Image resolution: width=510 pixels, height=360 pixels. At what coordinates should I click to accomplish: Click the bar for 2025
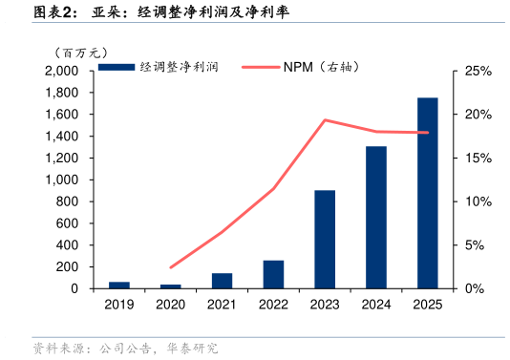pos(428,193)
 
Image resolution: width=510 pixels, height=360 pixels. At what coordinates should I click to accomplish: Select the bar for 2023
pos(325,239)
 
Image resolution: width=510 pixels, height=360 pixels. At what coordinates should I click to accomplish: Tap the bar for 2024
pos(376,217)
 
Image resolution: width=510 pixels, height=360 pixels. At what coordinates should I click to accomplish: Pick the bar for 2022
pos(273,274)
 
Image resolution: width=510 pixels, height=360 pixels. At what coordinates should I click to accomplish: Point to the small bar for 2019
pos(119,285)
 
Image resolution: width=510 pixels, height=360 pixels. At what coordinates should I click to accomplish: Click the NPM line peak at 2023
pos(325,120)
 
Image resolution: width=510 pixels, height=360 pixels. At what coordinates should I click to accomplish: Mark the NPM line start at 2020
pos(171,267)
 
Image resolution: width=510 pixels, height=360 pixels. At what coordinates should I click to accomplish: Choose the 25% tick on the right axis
pos(477,72)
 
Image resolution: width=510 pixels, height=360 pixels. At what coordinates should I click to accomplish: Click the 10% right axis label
pos(477,201)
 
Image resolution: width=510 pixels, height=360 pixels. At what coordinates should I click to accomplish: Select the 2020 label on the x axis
pos(171,305)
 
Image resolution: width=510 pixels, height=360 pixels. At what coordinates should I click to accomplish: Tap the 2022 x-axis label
pos(273,305)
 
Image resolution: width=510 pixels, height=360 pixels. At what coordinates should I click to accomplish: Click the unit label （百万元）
pos(80,52)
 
